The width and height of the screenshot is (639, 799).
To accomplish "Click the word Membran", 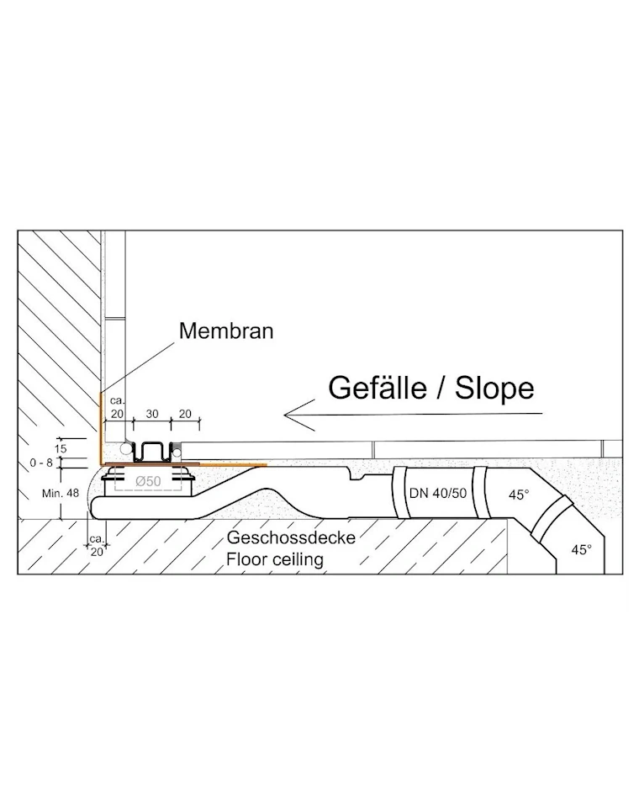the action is click(x=226, y=331).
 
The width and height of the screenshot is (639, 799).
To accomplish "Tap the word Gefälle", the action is click(x=377, y=388).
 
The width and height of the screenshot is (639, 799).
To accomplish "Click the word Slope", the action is click(x=494, y=388).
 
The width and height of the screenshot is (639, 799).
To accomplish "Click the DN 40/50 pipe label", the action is click(x=438, y=493).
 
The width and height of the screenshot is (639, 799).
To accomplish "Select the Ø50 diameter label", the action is click(x=148, y=480).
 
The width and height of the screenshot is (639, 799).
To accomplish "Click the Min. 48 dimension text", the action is click(x=61, y=493).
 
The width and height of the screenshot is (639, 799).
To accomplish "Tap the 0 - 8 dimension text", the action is click(x=41, y=463).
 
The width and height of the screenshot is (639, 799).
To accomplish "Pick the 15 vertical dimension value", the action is click(x=61, y=449).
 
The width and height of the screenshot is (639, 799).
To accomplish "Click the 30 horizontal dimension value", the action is click(x=152, y=414).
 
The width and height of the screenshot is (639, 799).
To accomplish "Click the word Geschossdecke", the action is click(x=291, y=537).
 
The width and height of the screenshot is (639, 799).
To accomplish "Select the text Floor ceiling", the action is click(x=275, y=559).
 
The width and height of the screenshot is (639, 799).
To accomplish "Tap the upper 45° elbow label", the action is click(x=519, y=495).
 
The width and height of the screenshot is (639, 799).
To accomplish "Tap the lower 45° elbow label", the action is click(x=582, y=549).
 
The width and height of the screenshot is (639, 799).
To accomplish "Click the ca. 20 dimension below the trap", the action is click(x=97, y=545).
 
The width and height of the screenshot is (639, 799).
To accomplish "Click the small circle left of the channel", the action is click(x=124, y=448).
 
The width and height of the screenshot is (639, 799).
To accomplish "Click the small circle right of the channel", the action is click(x=177, y=451).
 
